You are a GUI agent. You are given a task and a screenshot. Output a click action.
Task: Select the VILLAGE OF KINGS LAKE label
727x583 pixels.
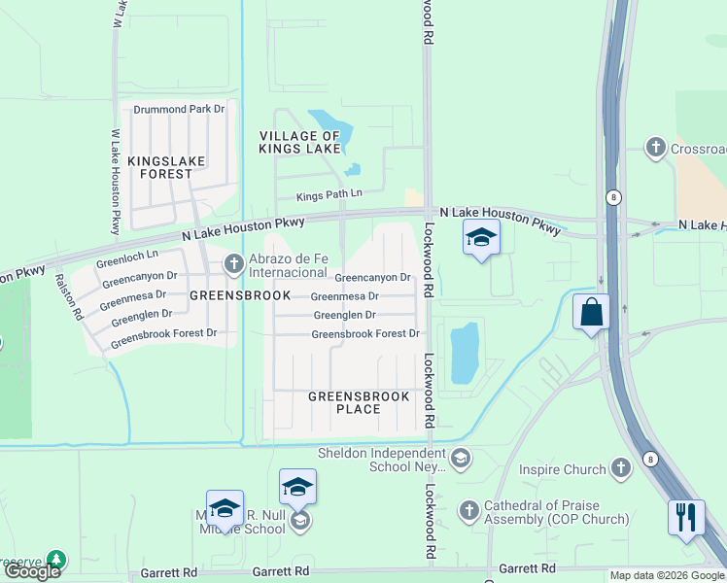[x=299, y=142]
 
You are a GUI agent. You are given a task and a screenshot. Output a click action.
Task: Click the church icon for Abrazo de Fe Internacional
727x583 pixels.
[x=233, y=263]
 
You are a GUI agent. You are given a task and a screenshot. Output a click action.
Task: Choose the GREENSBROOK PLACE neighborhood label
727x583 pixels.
[x=344, y=402]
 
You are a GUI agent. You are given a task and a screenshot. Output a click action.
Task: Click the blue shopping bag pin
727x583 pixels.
[x=590, y=312]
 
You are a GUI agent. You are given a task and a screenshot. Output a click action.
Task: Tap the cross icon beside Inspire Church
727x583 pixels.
[x=622, y=469]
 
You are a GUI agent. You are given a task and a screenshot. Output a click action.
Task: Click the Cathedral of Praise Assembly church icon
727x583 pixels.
[x=468, y=510]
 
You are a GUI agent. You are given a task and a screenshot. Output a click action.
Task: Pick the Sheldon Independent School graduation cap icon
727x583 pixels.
[x=461, y=457]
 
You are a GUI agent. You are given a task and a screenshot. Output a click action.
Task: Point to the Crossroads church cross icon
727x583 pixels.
[x=655, y=147]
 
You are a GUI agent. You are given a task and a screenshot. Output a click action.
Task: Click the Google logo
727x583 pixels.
[x=32, y=571]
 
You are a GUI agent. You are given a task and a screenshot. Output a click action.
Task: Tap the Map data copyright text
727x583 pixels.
[x=667, y=576]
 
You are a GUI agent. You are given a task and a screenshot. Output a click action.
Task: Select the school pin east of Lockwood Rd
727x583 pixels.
[x=481, y=237]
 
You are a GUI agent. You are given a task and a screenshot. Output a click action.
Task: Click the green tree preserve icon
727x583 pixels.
[x=57, y=561]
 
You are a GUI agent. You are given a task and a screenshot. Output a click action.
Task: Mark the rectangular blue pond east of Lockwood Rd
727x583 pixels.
[x=465, y=351]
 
